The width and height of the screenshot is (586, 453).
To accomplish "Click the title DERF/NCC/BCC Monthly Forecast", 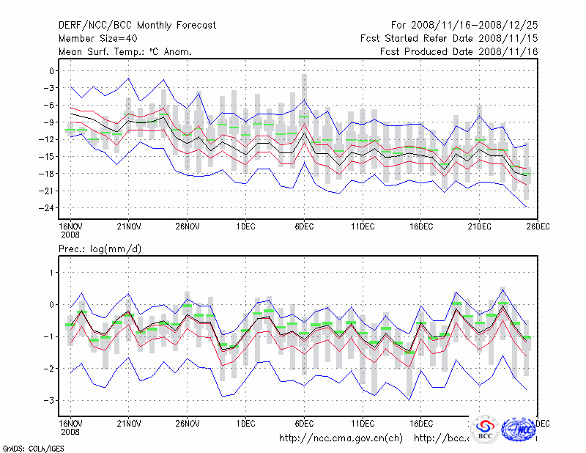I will tap(138, 25).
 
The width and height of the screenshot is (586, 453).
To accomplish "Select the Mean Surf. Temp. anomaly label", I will tap(125, 51).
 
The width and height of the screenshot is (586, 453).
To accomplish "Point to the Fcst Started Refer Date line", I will tap(450, 38).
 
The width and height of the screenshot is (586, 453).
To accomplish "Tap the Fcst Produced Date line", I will tap(459, 51).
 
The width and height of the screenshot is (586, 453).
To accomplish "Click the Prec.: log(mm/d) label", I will tap(100, 249).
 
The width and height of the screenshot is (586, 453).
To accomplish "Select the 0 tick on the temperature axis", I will tap(51, 71).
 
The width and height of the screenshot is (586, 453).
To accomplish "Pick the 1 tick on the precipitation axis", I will tap(51, 273).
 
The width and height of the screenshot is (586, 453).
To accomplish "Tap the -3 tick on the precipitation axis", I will tap(48, 401).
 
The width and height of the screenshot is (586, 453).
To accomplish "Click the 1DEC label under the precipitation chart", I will tap(245, 424).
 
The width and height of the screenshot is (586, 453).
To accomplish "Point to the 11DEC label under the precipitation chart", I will tap(363, 424).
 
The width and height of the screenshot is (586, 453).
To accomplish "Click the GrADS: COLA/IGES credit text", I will tap(29, 447).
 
